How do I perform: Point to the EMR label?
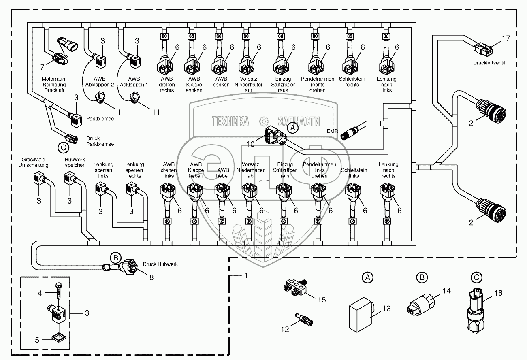(x=333, y=131)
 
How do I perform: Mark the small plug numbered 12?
(x=304, y=317)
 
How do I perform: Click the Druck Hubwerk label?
(x=160, y=264)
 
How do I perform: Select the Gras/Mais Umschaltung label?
(x=33, y=162)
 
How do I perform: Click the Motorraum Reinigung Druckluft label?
(x=53, y=85)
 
